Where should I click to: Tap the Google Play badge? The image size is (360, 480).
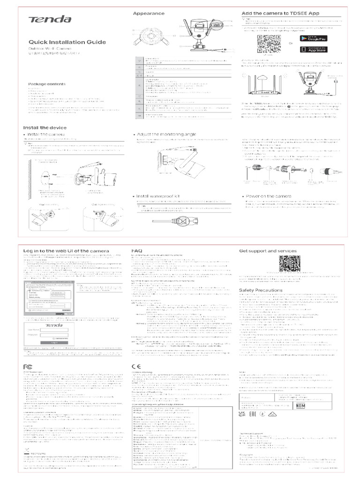(x=316, y=38)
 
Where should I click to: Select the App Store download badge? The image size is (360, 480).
(x=316, y=49)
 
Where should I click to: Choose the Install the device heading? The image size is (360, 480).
(x=45, y=127)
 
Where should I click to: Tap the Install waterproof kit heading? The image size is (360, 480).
(x=161, y=195)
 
